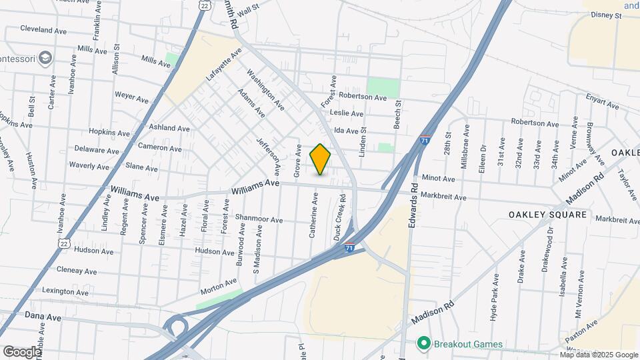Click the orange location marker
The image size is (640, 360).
321,159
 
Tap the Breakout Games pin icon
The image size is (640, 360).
423,344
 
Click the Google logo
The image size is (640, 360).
22,351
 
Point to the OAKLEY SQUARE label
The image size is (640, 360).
547,215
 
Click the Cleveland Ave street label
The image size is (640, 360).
43,30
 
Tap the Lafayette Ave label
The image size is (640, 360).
223,65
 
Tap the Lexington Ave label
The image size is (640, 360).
65,292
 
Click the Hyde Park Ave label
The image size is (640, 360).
495,296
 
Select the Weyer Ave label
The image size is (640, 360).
132,97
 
